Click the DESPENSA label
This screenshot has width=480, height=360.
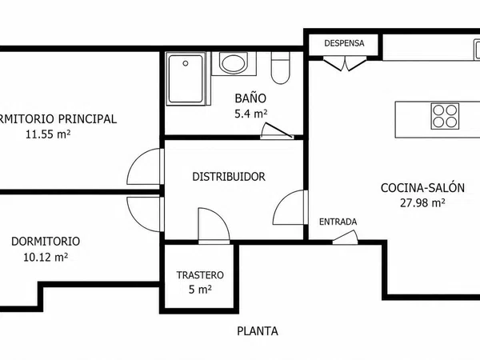coord(344,43)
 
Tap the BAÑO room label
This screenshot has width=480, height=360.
coord(250,98)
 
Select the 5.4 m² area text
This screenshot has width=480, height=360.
coord(250,114)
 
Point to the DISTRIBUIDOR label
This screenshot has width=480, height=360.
coord(229,177)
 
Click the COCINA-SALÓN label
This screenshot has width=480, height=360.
coord(422,188)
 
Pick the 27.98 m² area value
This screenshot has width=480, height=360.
coord(422,202)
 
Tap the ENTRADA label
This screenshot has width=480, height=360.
coord(338,222)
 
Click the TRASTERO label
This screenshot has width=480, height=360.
coord(200,275)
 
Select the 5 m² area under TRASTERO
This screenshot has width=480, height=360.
coord(200,290)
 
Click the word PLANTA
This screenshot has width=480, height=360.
coord(258,331)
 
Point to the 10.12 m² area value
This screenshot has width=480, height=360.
coord(46,257)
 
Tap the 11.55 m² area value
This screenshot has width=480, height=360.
coord(48,134)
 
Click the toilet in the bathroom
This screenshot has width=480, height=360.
coord(281,68)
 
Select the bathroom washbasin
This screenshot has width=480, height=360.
coord(234,63)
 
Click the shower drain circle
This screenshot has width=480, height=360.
coord(186,63)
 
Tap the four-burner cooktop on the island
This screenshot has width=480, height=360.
coord(445,116)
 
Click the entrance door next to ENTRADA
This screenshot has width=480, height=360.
coord(346,238)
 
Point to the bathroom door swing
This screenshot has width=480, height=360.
coord(277,130)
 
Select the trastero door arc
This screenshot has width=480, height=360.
coord(214,226)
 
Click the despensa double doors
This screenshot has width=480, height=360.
coord(345,63)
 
